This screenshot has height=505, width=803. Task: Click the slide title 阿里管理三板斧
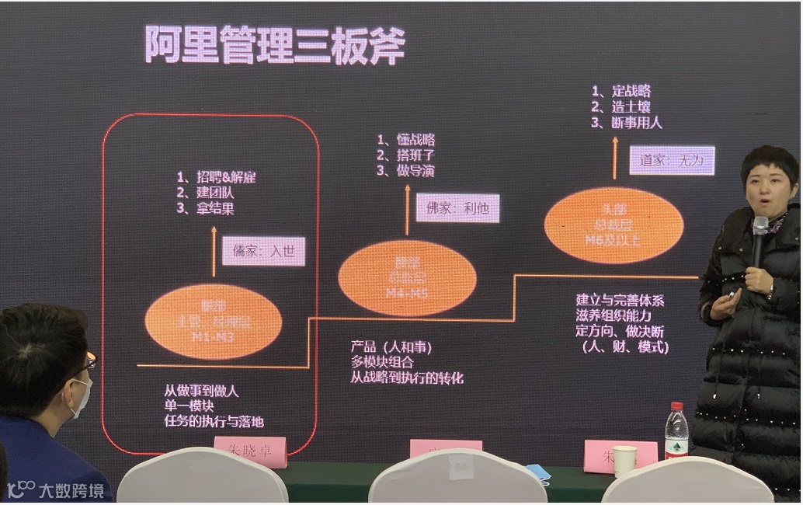(x=274, y=44)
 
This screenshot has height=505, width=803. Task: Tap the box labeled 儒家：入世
(x=263, y=251)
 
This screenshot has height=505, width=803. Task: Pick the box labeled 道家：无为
(x=671, y=160)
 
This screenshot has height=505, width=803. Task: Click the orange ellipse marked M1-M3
(x=213, y=322)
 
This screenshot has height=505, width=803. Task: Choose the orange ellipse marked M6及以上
(x=614, y=225)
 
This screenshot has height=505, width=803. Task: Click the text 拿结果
(x=215, y=208)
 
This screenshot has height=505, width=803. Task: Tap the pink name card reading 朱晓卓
(x=249, y=450)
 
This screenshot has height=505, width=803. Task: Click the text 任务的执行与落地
(x=214, y=422)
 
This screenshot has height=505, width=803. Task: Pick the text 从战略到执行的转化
(x=406, y=378)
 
